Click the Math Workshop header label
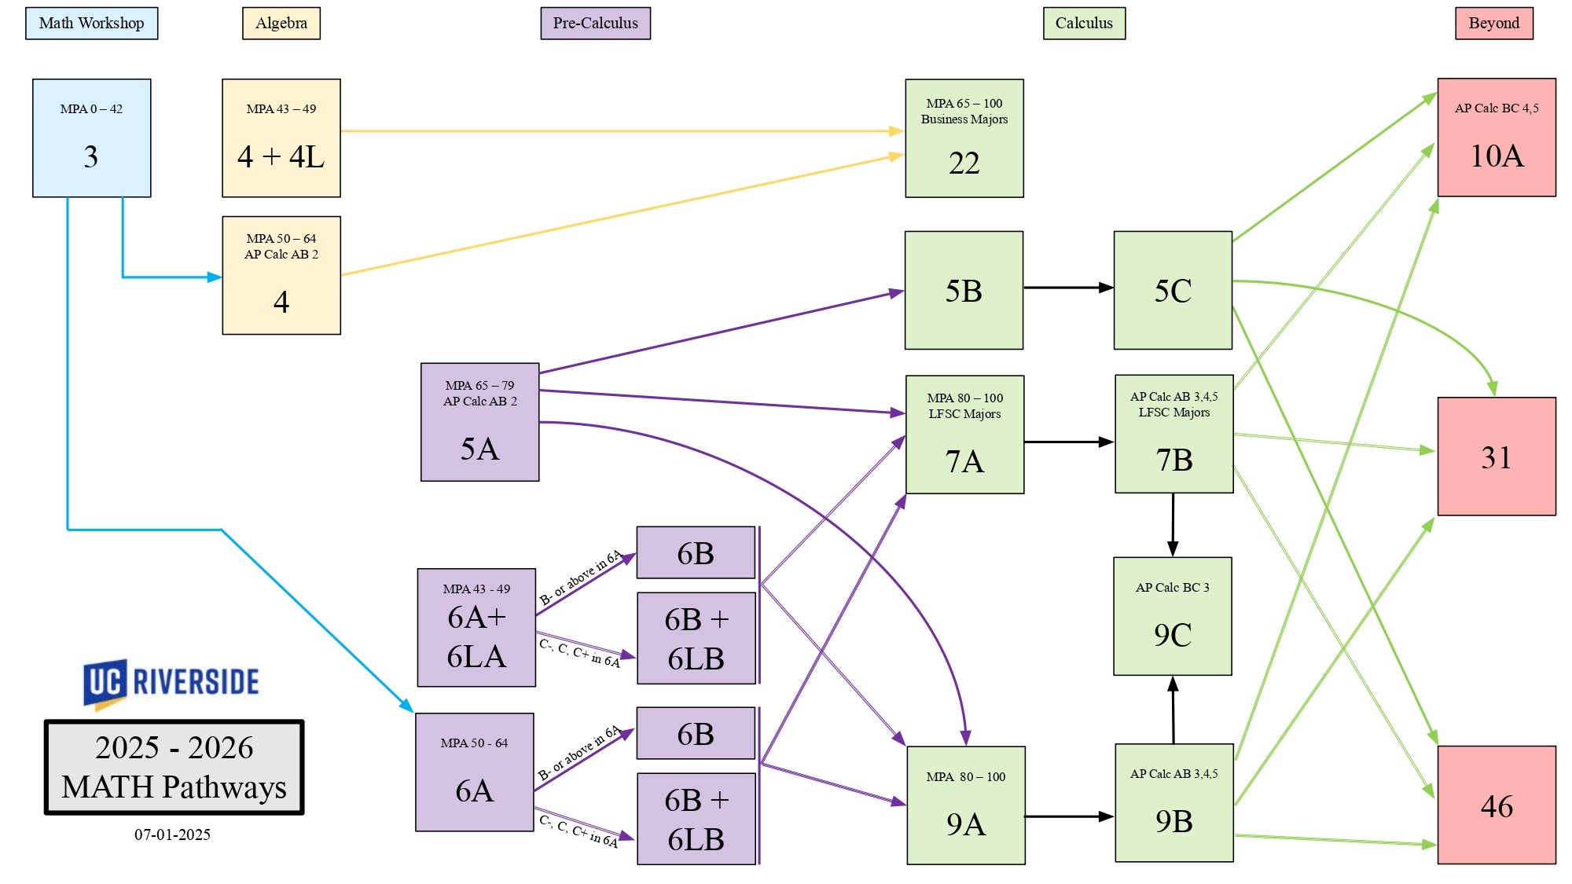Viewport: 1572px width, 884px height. (91, 23)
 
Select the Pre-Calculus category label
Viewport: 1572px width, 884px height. (595, 23)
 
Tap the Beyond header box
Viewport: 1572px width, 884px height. (1493, 23)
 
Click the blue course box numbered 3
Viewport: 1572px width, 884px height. (91, 138)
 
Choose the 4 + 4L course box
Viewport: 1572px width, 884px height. (281, 138)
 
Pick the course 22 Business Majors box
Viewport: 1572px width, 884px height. (964, 138)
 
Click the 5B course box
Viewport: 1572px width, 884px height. (964, 290)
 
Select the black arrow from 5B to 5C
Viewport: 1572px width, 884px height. (1067, 288)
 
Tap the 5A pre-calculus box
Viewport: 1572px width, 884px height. (479, 422)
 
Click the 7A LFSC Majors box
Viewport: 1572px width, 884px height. (964, 435)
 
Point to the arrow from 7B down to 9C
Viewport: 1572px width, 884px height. (1173, 524)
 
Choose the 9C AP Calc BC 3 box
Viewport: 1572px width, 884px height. (1172, 616)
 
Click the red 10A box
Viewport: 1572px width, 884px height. (1497, 138)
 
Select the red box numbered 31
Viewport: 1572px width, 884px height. (1497, 457)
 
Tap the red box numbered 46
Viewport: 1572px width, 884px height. (1497, 805)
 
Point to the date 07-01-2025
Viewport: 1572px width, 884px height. (172, 834)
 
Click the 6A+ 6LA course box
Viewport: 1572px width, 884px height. (476, 628)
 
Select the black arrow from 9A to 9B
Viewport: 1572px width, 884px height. (1069, 816)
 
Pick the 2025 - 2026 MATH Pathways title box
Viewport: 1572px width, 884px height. (174, 767)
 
